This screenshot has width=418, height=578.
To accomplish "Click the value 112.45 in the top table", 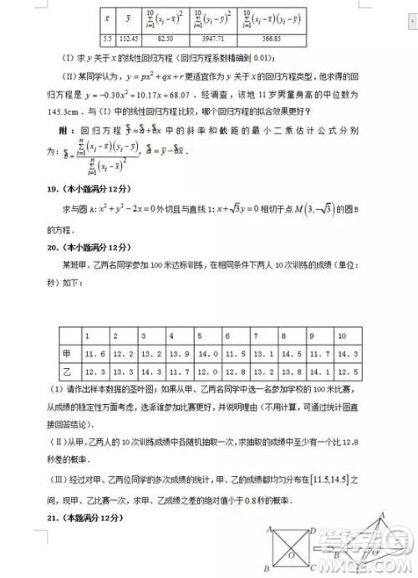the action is pyautogui.click(x=129, y=38).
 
